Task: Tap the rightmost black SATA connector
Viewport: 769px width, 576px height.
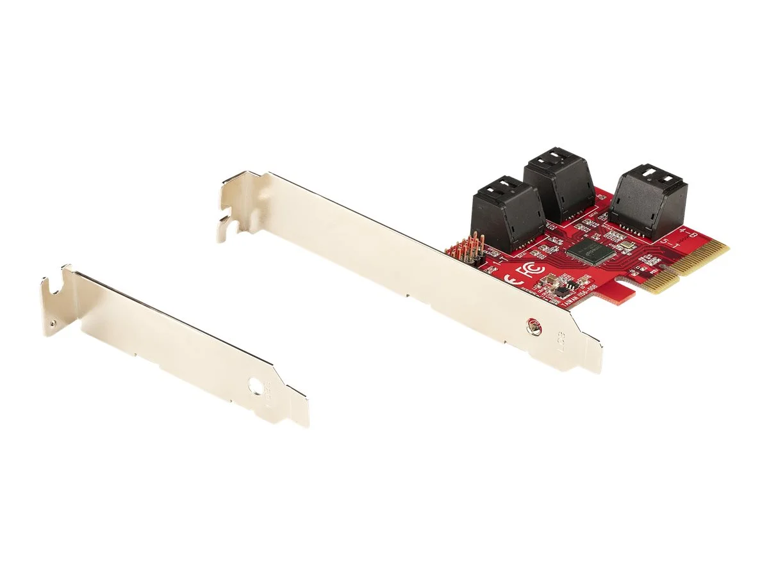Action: [x=649, y=200]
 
